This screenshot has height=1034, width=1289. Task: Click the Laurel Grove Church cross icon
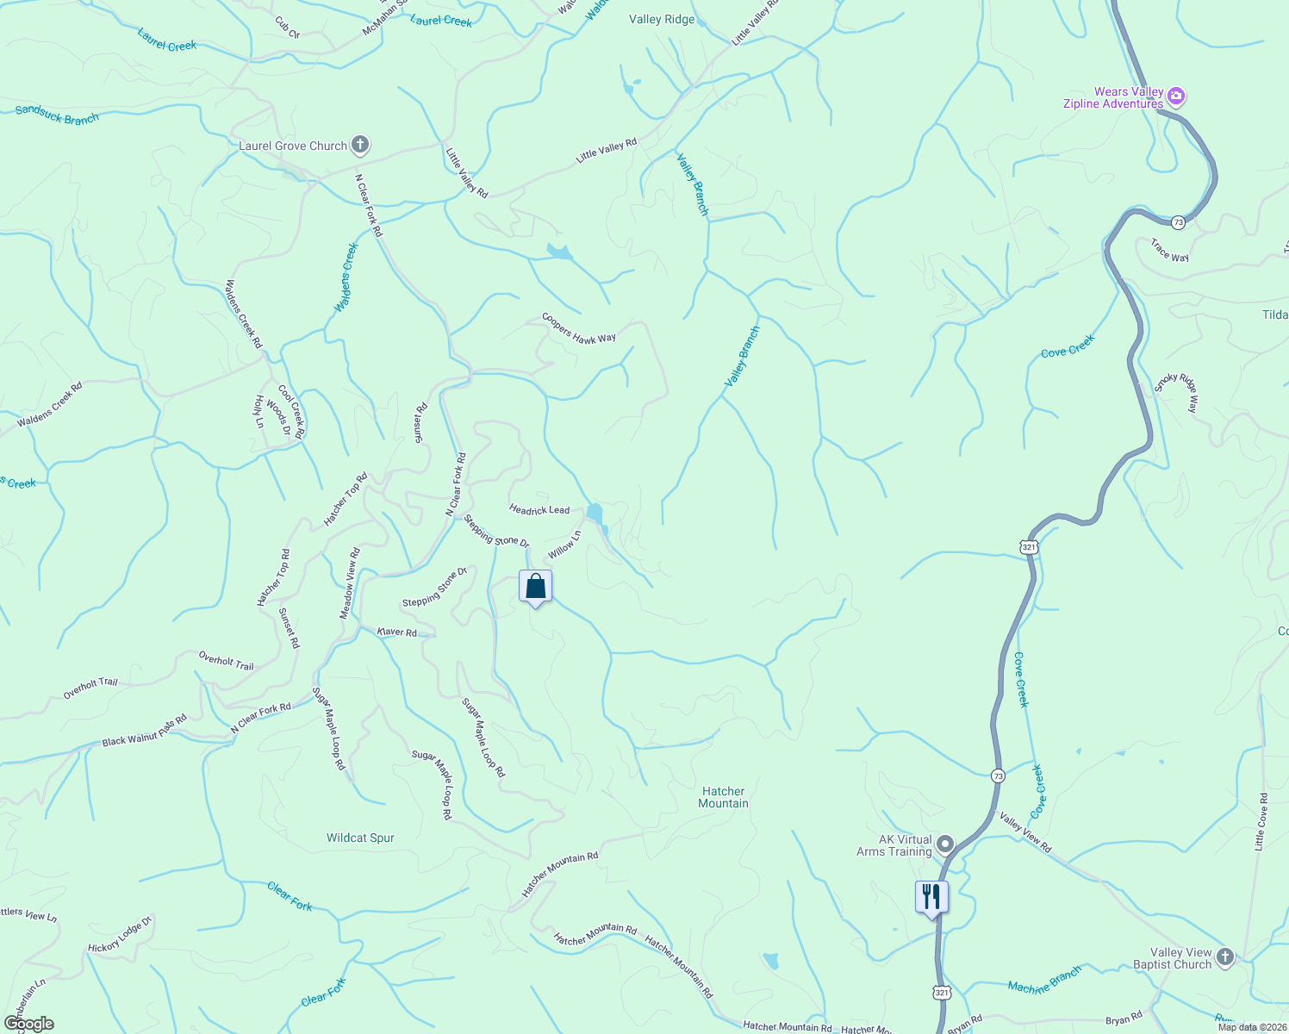click(360, 146)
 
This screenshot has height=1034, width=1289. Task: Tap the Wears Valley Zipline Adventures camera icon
click(1177, 96)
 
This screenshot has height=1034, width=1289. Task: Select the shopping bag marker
click(535, 588)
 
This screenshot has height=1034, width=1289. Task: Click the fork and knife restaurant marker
click(931, 897)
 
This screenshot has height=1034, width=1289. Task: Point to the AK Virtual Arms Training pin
click(945, 844)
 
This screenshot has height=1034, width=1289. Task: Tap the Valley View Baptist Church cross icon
click(1224, 956)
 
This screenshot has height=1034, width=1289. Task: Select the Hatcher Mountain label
click(723, 797)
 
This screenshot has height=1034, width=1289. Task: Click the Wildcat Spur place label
click(360, 838)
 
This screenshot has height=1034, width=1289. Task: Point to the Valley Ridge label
click(662, 19)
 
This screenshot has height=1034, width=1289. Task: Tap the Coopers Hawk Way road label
click(579, 328)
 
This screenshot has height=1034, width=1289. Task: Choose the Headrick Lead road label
click(539, 510)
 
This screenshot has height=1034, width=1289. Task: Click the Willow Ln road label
click(564, 545)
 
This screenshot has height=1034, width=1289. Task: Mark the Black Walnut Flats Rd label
click(144, 731)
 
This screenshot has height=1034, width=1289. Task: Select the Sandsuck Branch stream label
click(57, 115)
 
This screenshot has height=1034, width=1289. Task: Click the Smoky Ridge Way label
click(1176, 393)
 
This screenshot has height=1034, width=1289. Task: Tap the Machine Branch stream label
click(1044, 981)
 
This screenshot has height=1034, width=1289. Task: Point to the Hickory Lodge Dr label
click(120, 935)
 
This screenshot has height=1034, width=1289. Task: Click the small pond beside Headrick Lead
click(595, 514)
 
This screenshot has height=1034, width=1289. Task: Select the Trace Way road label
click(1169, 251)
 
